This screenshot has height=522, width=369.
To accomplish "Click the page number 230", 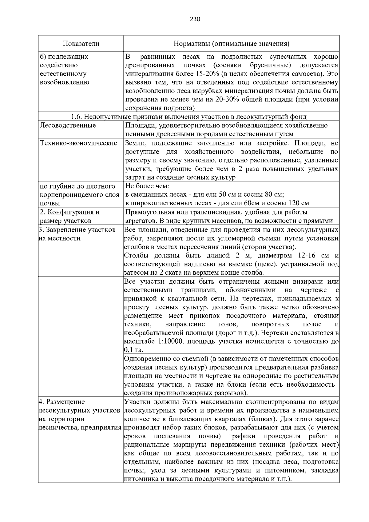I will pyautogui.click(x=195, y=19).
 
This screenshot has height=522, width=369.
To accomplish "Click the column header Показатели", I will pyautogui.click(x=81, y=44).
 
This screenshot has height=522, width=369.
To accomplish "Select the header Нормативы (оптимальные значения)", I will pyautogui.click(x=232, y=44).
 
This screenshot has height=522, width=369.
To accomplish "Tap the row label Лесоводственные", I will pyautogui.click(x=68, y=126).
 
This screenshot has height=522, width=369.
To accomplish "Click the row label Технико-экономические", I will pyautogui.click(x=79, y=143).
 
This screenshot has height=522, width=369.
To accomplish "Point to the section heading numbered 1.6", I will pyautogui.click(x=189, y=117).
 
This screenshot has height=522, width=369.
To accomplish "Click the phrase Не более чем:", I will pyautogui.click(x=147, y=186).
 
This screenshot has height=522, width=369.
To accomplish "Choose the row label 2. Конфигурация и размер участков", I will pyautogui.click(x=70, y=216).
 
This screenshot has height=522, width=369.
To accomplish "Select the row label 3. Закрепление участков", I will pyautogui.click(x=77, y=230).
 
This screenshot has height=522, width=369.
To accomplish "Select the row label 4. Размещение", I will pyautogui.click(x=61, y=402).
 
